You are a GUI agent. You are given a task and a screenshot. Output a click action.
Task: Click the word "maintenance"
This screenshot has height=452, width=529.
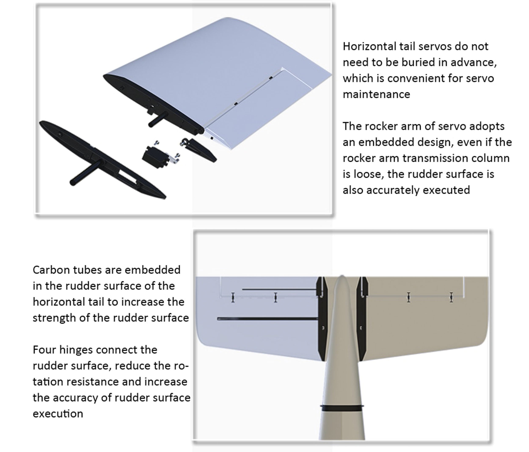[376, 94]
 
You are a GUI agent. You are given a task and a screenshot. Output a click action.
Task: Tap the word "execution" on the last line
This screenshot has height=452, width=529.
[58, 414]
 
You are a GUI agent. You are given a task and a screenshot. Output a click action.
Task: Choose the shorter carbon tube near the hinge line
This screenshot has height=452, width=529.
[280, 289]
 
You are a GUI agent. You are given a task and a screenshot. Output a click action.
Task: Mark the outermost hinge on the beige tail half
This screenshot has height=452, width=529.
[451, 297]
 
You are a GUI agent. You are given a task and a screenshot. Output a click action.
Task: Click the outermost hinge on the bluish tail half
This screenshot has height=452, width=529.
[233, 297]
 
